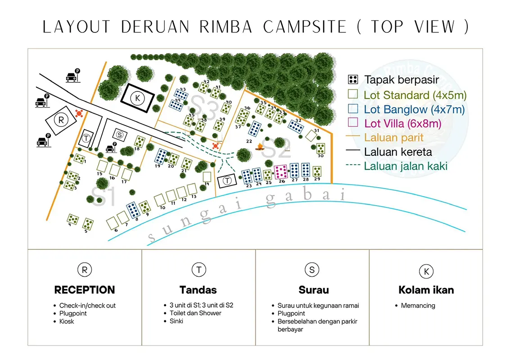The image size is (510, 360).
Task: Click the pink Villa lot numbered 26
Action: point(282,171)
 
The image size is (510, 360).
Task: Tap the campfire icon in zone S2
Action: point(260,147)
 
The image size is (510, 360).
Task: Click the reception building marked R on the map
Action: point(61,120)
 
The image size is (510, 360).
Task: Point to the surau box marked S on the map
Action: point(119,134)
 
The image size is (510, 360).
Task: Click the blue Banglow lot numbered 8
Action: point(133,210)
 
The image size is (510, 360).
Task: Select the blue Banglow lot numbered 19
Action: point(161,156)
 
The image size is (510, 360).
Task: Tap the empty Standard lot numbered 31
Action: point(311,135)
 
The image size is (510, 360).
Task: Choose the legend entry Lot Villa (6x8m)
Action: point(402,123)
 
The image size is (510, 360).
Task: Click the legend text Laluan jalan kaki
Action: point(406,166)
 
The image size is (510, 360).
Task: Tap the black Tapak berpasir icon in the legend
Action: point(353,80)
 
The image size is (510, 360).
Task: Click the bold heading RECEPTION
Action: point(85,290)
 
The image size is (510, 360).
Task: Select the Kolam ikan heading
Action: point(426,290)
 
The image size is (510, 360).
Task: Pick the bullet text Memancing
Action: point(418,306)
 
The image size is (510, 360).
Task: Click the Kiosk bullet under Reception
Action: point(67,321)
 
